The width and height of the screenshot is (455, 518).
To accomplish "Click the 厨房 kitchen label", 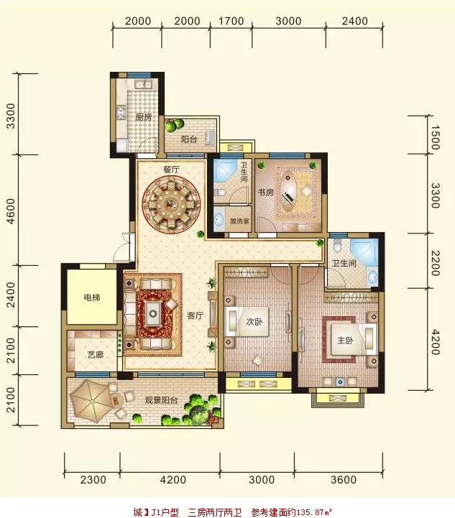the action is click(144, 117).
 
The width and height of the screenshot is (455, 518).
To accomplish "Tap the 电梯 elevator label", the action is click(91, 297).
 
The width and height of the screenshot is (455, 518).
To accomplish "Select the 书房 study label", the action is click(266, 193).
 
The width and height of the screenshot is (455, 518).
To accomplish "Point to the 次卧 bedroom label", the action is click(254, 321).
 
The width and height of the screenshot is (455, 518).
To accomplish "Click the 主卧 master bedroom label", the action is click(345, 341).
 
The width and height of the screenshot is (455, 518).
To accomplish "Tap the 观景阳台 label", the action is click(161, 400).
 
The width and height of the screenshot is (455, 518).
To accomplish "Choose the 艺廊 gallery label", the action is click(96, 355).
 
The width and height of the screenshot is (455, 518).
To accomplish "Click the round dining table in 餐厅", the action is click(171, 205).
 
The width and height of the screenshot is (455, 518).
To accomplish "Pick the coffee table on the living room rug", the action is click(153, 313).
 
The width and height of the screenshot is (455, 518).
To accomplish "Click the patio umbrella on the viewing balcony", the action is click(91, 401).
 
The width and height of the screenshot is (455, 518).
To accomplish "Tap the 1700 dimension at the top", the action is click(231, 21).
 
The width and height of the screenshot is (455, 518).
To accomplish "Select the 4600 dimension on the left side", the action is click(12, 211).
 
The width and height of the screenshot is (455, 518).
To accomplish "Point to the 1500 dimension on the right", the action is click(435, 137).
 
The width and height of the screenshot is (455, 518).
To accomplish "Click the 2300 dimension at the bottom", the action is click(93, 480).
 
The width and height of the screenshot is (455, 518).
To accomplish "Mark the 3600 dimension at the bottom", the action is click(344, 480).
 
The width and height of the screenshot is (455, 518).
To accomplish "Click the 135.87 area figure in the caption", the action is click(311, 512).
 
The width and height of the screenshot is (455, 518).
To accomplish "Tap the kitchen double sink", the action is click(144, 85).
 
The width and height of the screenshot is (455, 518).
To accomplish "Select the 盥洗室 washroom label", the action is click(239, 221).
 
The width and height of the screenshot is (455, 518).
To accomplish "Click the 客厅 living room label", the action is click(195, 316).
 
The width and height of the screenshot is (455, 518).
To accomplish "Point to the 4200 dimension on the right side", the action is click(435, 342).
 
